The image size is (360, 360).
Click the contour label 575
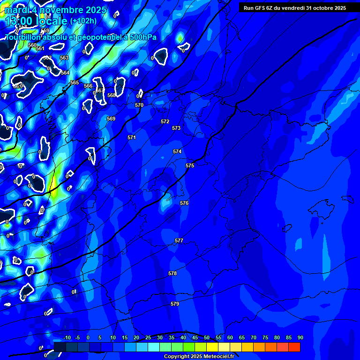click(189, 166)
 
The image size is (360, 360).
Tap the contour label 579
click(175, 304)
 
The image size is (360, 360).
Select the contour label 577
click(179, 240)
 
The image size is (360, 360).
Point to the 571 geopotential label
click(132, 137)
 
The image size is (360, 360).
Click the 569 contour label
click(111, 119)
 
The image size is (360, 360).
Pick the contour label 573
click(176, 128)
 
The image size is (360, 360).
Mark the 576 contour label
click(184, 203)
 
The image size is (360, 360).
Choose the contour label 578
click(172, 273)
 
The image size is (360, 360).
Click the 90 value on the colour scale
click(300, 338)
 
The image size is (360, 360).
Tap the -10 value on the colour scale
click(67, 338)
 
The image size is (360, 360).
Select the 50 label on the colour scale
click(206, 338)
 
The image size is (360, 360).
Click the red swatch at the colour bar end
click(294, 347)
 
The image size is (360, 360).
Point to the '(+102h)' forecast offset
click(83, 21)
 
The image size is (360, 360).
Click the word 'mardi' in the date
click(17, 10)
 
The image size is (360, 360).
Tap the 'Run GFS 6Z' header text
click(261, 8)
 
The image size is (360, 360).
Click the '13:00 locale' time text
click(36, 21)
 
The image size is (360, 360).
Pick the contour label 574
click(177, 151)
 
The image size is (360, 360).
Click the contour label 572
click(165, 121)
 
